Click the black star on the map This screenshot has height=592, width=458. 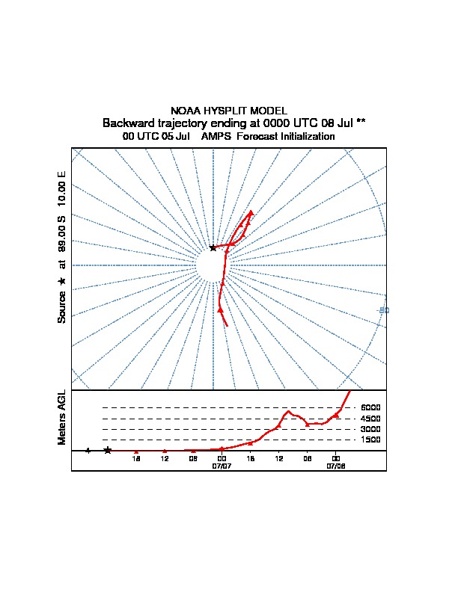tap(213, 247)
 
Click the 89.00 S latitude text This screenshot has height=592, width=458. tap(62, 238)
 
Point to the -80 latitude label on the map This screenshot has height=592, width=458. tap(384, 310)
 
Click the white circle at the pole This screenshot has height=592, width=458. tap(213, 265)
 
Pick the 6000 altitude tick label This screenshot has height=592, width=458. tap(371, 407)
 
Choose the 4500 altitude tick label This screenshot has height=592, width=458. tap(371, 419)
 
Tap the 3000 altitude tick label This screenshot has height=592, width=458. tap(371, 429)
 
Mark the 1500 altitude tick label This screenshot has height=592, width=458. tap(371, 440)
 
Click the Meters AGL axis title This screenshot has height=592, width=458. tap(62, 417)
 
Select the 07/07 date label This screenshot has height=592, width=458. tap(222, 465)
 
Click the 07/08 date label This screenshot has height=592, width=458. tap(336, 465)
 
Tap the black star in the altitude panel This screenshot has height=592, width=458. tap(108, 450)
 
